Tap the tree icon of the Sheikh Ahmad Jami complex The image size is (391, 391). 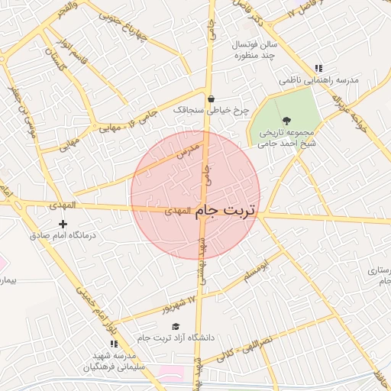click(x=286, y=120)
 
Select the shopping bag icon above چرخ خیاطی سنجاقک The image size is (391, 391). click(x=211, y=99)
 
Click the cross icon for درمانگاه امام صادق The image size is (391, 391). click(x=63, y=224)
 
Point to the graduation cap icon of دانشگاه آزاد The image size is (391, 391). click(x=176, y=326)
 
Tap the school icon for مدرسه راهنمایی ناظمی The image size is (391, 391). click(x=318, y=68)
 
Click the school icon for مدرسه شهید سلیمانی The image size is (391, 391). click(x=114, y=344)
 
